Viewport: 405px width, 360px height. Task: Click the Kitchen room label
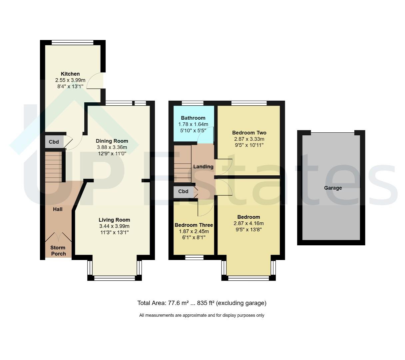(x=70, y=74)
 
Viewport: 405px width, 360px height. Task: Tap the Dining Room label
(x=112, y=141)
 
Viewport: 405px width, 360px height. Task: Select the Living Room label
(x=114, y=220)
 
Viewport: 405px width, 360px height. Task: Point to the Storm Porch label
(x=58, y=251)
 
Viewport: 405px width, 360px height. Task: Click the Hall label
(x=58, y=209)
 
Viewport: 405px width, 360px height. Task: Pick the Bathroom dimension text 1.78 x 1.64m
(x=193, y=124)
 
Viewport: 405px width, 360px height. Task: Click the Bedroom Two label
(x=249, y=133)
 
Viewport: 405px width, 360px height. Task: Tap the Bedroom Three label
(x=194, y=225)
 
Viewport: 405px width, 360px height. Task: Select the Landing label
(x=203, y=166)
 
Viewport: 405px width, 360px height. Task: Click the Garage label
(x=333, y=188)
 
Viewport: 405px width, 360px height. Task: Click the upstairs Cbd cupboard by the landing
(x=183, y=192)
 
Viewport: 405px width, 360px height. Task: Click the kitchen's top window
(x=72, y=43)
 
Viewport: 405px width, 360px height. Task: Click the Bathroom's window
(x=192, y=103)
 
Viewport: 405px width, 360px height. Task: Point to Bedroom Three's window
(x=194, y=257)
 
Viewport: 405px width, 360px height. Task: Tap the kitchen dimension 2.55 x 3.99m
(x=70, y=80)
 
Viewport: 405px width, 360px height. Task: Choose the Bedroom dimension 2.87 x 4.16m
(x=248, y=223)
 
